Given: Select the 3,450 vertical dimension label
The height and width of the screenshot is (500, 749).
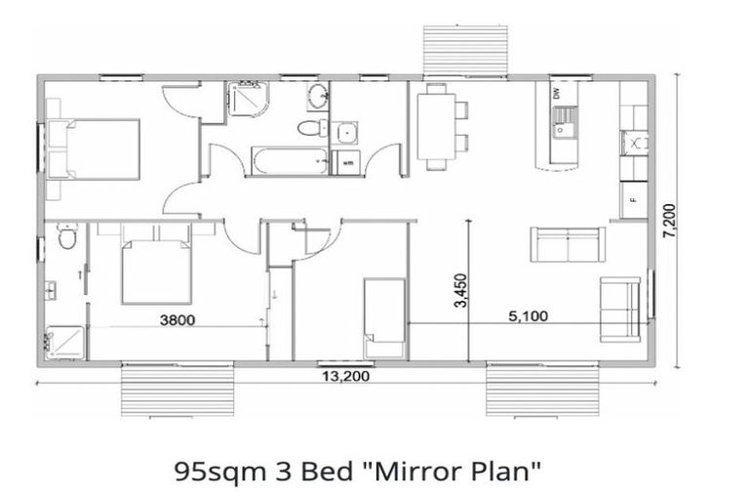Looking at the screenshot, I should click(460, 290).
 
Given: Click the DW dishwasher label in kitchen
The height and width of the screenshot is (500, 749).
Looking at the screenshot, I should click(557, 95).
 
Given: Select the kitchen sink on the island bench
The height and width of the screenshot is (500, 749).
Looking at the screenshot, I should click(563, 123).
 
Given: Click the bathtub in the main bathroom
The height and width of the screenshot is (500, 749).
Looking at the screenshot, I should click(287, 160).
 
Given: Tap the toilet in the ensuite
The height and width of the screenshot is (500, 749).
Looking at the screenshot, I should click(65, 236).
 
